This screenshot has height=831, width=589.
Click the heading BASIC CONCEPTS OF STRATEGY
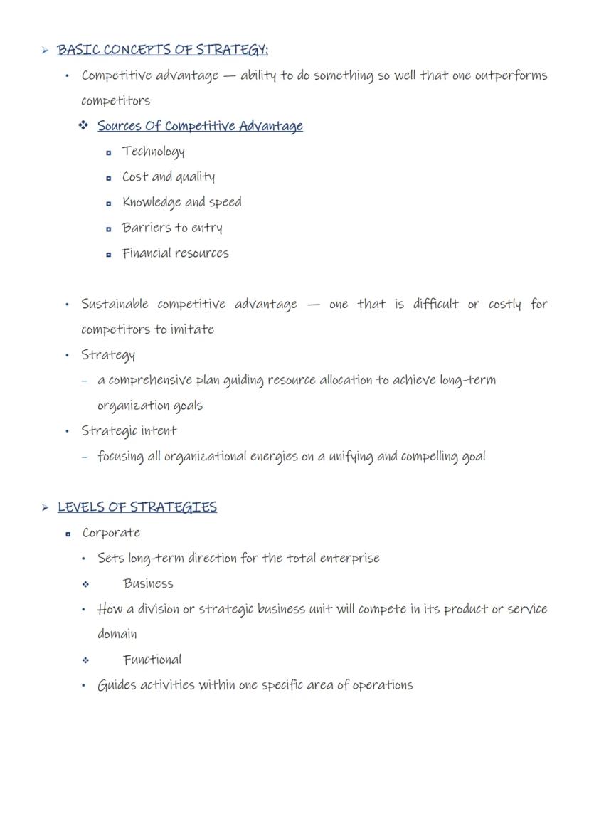tap(162, 50)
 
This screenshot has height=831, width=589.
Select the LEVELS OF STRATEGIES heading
tap(137, 507)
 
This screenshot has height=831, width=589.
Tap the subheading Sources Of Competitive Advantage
tap(200, 126)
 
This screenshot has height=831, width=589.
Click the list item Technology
tap(153, 152)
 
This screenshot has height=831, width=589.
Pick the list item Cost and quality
tap(168, 176)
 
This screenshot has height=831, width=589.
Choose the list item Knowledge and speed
tap(181, 202)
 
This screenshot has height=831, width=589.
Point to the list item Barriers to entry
tap(172, 228)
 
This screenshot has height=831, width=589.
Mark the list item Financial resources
tap(175, 253)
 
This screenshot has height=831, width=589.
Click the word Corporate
tap(111, 533)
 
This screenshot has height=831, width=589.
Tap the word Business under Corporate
tap(148, 584)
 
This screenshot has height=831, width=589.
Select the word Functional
tap(152, 660)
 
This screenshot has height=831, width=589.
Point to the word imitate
tap(192, 329)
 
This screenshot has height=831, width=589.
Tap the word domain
tap(117, 634)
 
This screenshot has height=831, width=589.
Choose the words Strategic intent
tap(129, 431)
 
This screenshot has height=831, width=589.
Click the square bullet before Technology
tap(108, 152)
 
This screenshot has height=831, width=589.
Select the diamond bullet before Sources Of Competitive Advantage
tap(84, 126)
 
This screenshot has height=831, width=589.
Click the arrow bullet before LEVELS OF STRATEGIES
tap(45, 508)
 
